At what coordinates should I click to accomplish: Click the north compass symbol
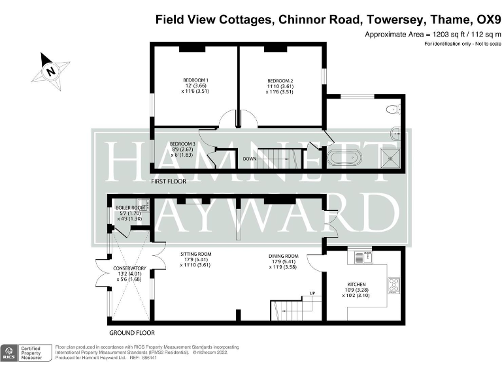click(50, 70)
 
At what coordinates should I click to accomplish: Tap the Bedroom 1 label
click(195, 86)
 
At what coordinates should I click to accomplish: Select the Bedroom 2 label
click(280, 86)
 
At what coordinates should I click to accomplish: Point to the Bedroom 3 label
click(182, 149)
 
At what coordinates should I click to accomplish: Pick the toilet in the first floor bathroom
click(393, 109)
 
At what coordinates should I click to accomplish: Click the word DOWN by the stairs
click(250, 159)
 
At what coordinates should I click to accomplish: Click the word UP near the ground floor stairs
click(312, 293)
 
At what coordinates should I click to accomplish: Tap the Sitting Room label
click(196, 260)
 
